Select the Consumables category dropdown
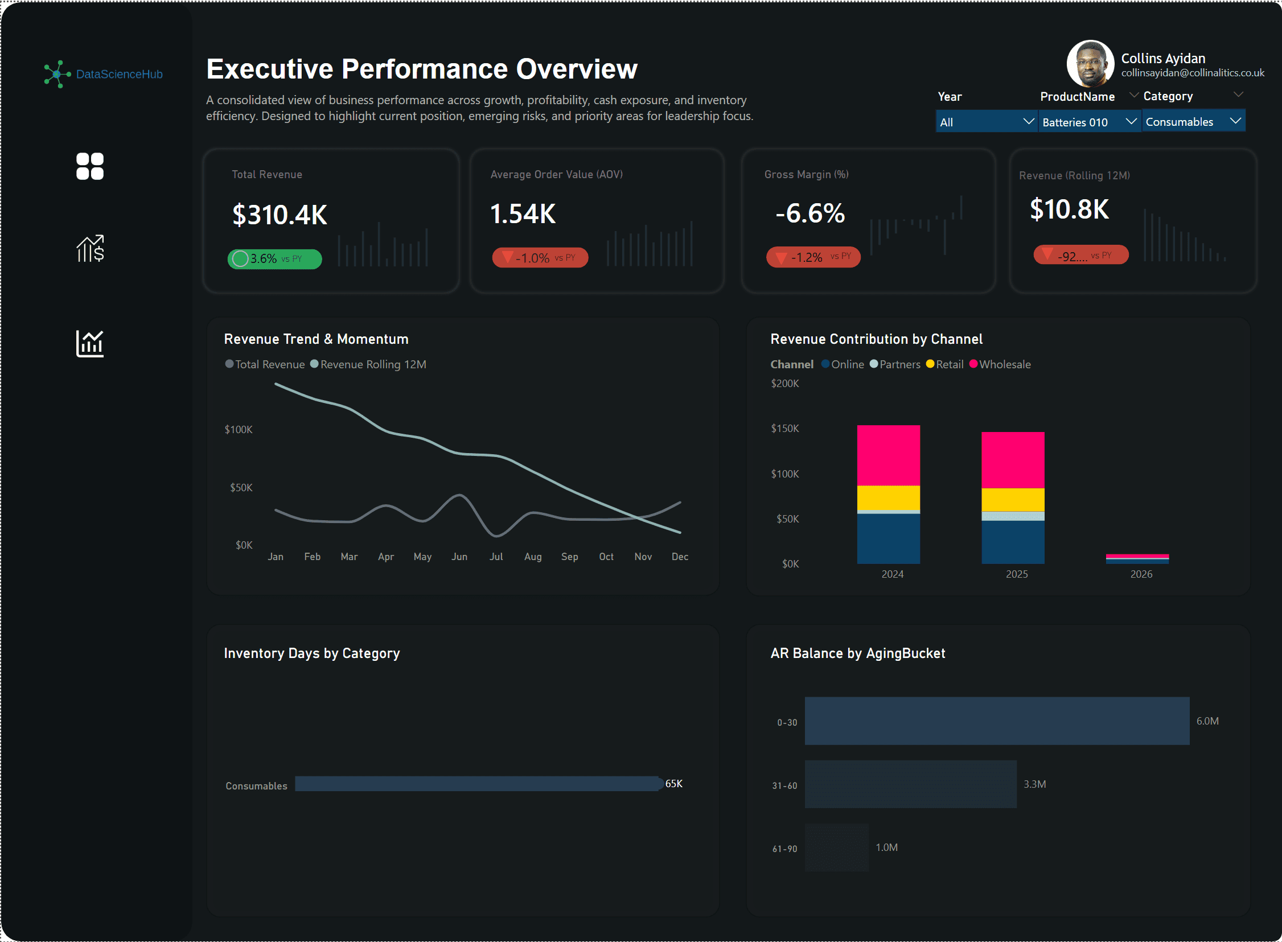pos(1192,121)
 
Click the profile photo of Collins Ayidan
pos(1090,64)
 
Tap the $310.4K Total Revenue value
pos(280,215)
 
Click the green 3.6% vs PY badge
pos(274,259)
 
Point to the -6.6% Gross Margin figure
pos(810,213)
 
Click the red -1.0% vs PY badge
pos(540,258)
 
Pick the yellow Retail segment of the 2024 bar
pos(888,498)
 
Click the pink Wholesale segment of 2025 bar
pos(1012,459)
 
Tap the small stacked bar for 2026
pos(1137,558)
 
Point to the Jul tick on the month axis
pos(496,557)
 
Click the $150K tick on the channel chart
pos(784,428)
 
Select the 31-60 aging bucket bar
pos(910,784)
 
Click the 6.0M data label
pos(1207,721)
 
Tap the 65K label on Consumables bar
pos(673,784)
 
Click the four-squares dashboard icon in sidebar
pos(90,167)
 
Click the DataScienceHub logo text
pos(119,74)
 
